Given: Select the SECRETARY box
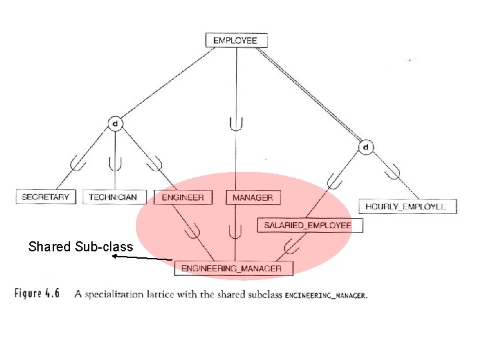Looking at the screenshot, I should click(x=45, y=197).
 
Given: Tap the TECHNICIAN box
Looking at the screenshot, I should click(x=113, y=197).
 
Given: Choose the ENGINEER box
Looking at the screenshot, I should click(x=183, y=197).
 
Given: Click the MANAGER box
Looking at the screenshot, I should click(x=252, y=197).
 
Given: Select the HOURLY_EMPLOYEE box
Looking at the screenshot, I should click(x=405, y=207).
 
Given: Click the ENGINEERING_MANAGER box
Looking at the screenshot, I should click(x=231, y=268).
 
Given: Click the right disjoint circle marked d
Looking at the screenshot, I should click(x=366, y=146).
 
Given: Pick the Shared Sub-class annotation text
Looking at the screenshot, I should click(x=81, y=247).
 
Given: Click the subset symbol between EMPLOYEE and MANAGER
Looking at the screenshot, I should click(x=235, y=123).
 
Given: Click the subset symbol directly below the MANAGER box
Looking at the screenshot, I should click(x=235, y=231).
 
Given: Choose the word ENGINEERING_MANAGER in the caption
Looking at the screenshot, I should click(x=325, y=295).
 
